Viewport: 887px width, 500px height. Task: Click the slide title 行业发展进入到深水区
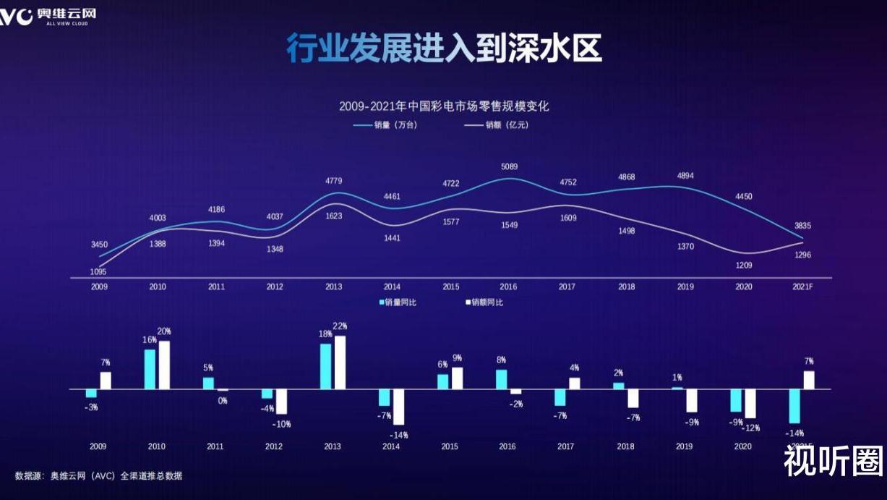(x=443, y=49)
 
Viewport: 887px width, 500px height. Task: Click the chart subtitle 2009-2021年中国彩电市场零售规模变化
(x=444, y=106)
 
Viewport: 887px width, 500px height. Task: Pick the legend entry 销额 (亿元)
(x=496, y=124)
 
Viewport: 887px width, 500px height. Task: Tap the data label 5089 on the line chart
(x=508, y=166)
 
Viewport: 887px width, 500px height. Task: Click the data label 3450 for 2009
(x=99, y=245)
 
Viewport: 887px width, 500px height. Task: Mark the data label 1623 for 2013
(x=334, y=216)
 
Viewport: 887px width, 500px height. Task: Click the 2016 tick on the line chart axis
(x=508, y=287)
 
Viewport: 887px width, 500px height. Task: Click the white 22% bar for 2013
(x=340, y=363)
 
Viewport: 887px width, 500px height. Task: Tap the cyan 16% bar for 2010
(x=150, y=369)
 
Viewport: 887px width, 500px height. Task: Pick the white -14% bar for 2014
(x=398, y=407)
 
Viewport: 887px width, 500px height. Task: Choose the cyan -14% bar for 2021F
(x=794, y=406)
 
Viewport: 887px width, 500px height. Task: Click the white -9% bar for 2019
(x=692, y=400)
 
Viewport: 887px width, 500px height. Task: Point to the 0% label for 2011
(x=223, y=401)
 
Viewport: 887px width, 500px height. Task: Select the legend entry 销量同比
(x=398, y=302)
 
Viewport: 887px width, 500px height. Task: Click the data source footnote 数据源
(x=98, y=475)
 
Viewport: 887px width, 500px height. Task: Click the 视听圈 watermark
(x=834, y=461)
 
